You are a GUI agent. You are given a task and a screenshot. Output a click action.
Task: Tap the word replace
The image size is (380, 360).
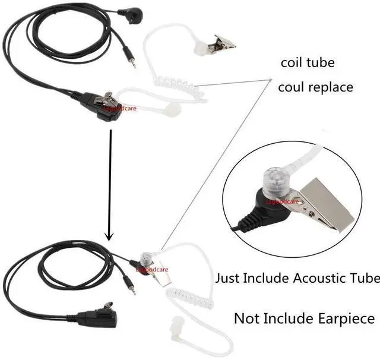coord(329,87)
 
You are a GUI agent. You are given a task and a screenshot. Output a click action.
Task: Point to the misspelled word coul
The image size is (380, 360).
coord(291,87)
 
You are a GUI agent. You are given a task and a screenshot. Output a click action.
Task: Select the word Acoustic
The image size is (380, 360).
coord(302,278)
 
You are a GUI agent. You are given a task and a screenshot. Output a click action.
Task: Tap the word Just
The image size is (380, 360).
coord(228,278)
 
